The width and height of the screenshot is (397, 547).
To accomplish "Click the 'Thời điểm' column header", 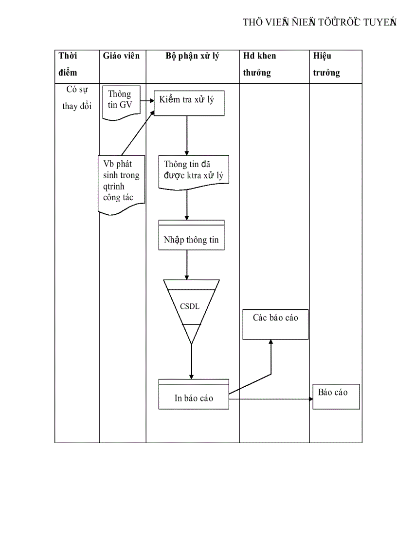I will pyautogui.click(x=69, y=64).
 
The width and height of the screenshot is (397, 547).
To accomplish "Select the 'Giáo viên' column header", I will pyautogui.click(x=121, y=56).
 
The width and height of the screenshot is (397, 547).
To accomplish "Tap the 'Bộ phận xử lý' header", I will pyautogui.click(x=192, y=56).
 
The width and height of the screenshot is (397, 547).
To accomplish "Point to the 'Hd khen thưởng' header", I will pyautogui.click(x=259, y=64).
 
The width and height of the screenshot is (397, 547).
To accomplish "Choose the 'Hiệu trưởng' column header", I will pyautogui.click(x=326, y=64).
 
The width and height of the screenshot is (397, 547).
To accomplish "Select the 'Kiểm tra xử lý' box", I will pyautogui.click(x=189, y=103).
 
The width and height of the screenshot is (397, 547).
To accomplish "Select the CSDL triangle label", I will pyautogui.click(x=190, y=306).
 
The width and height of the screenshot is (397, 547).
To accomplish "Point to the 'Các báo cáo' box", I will pyautogui.click(x=275, y=323).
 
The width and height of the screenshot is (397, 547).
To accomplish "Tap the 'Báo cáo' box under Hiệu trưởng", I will pyautogui.click(x=336, y=396).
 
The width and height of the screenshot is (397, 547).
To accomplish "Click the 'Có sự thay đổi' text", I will pyautogui.click(x=77, y=98).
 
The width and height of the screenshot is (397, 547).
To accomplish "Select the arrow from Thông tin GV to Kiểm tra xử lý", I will pyautogui.click(x=147, y=102).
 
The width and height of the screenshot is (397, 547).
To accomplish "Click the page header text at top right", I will pyautogui.click(x=319, y=22).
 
